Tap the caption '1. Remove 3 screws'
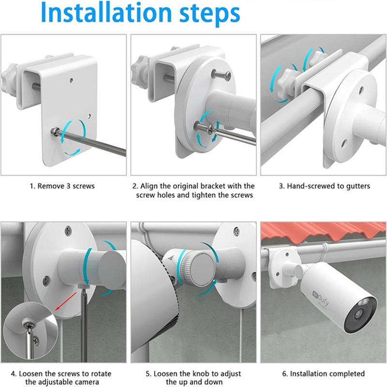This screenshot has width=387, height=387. click(62, 186)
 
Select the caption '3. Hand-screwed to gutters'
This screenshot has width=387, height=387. click(325, 186)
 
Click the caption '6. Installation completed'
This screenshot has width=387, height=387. click(323, 373)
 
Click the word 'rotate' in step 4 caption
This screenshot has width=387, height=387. click(100, 373)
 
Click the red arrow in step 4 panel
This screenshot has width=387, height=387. click(66, 301)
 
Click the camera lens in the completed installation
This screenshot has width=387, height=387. click(358, 313)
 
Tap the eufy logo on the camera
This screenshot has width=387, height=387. click(321, 298)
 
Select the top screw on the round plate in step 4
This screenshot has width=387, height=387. click(68, 231)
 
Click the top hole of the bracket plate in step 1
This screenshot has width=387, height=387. click(71, 80)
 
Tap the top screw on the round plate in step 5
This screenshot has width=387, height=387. click(237, 231)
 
